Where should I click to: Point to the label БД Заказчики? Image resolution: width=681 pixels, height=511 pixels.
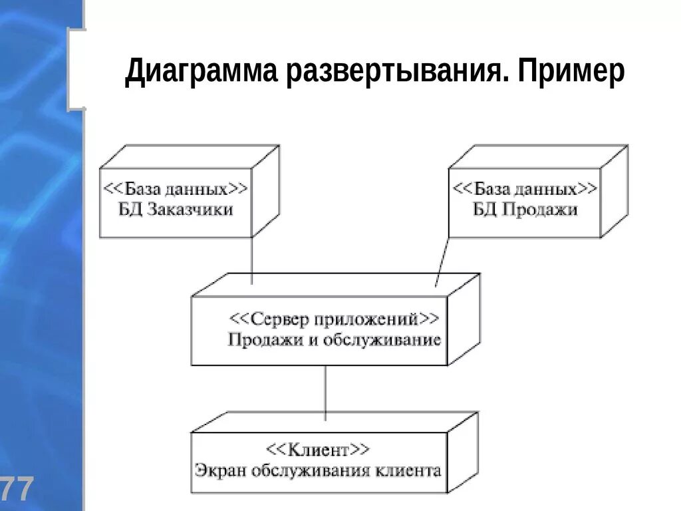[176, 210]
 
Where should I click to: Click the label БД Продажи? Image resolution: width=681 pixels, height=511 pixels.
[525, 210]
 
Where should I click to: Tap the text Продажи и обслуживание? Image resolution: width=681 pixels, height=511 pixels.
[334, 340]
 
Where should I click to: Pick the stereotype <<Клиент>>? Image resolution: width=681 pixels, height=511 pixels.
[318, 450]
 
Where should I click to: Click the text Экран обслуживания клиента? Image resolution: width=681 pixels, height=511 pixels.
[318, 470]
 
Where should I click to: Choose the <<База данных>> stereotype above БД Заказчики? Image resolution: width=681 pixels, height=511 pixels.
[176, 189]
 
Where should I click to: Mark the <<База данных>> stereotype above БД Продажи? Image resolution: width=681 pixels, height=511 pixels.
[525, 189]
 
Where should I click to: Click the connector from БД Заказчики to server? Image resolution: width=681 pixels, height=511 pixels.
[252, 261]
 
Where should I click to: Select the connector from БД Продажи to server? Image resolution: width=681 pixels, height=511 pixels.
[443, 261]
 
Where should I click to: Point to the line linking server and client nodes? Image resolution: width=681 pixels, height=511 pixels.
[325, 393]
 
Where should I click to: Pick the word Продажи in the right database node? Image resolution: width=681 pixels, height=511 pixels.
[539, 210]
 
